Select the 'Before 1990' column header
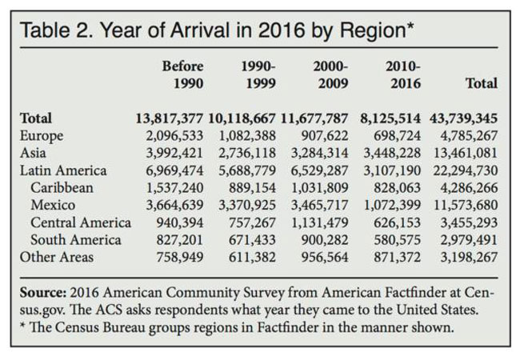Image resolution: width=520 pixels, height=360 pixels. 182,74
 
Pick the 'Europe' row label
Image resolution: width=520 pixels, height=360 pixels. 41,136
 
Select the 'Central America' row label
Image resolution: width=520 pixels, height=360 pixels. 81,222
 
